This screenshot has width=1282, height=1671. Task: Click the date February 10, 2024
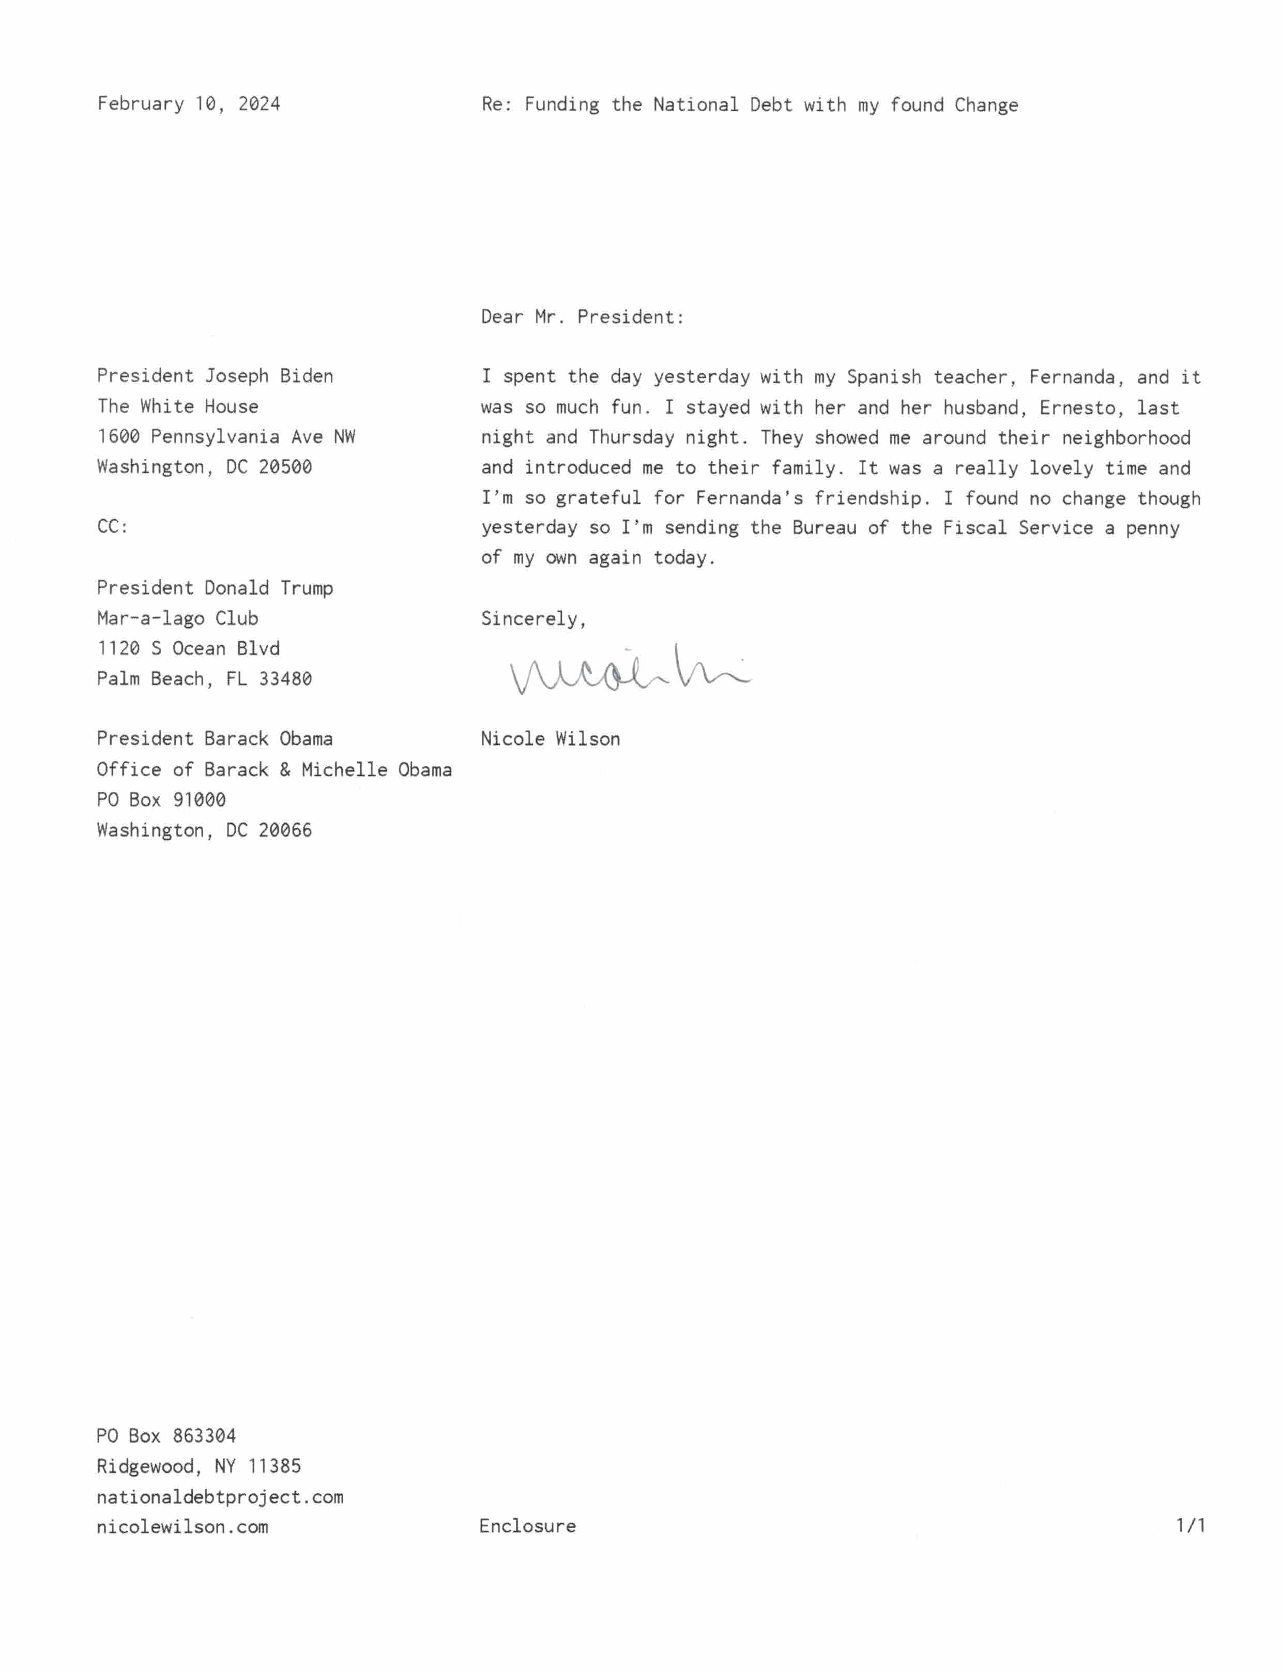pyautogui.click(x=189, y=104)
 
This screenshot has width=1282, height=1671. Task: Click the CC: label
pyautogui.click(x=112, y=526)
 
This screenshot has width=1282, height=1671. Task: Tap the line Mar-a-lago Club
pyautogui.click(x=177, y=618)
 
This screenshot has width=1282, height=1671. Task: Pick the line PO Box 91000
pyautogui.click(x=161, y=800)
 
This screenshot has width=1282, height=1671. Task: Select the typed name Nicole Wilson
pyautogui.click(x=550, y=739)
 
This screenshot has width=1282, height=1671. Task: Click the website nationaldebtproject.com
pyautogui.click(x=220, y=1497)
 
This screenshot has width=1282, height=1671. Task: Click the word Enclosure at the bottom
pyautogui.click(x=527, y=1526)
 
